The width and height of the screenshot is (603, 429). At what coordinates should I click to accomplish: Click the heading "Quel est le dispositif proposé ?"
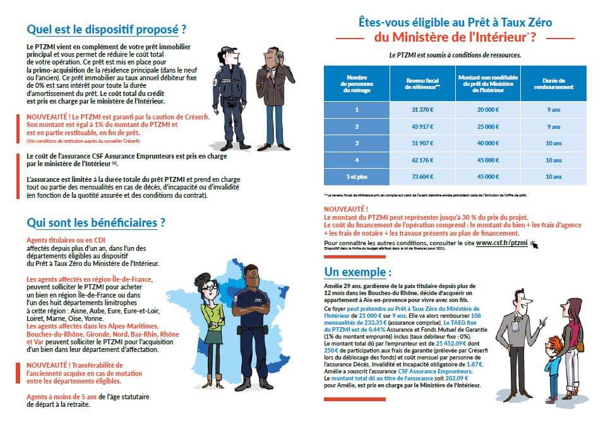(x=107, y=29)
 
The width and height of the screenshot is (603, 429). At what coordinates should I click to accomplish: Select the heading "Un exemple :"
(x=357, y=272)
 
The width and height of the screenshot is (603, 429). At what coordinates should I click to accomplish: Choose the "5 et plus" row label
(x=357, y=176)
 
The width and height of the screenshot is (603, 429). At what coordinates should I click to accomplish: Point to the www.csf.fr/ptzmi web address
(x=502, y=242)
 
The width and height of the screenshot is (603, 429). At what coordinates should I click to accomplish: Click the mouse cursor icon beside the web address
(x=534, y=243)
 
